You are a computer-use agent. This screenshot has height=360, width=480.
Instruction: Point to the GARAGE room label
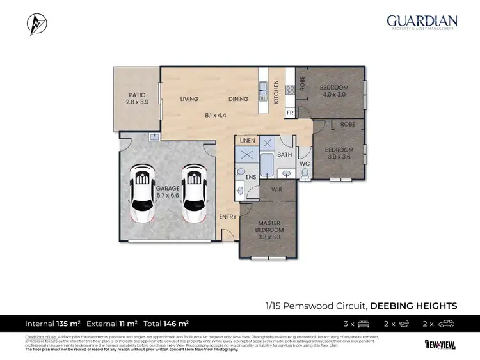tap(168, 189)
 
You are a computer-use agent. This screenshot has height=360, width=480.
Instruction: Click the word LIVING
tap(189, 99)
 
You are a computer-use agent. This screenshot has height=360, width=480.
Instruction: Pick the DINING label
tap(239, 99)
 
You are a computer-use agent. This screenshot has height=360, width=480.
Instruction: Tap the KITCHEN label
tap(276, 92)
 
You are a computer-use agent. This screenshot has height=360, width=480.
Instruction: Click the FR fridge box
tap(289, 113)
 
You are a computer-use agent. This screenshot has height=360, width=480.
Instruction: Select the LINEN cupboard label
tap(248, 140)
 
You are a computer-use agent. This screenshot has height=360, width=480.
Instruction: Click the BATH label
tap(284, 155)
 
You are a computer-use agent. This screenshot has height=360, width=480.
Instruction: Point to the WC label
tap(304, 164)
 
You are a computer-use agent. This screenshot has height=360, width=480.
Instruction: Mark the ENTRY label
tap(228, 217)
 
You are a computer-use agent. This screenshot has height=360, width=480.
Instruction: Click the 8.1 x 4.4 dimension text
tap(216, 115)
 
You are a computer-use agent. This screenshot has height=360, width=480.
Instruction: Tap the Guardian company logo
tap(421, 22)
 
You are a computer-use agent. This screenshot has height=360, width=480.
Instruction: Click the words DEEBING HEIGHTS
tap(414, 306)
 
